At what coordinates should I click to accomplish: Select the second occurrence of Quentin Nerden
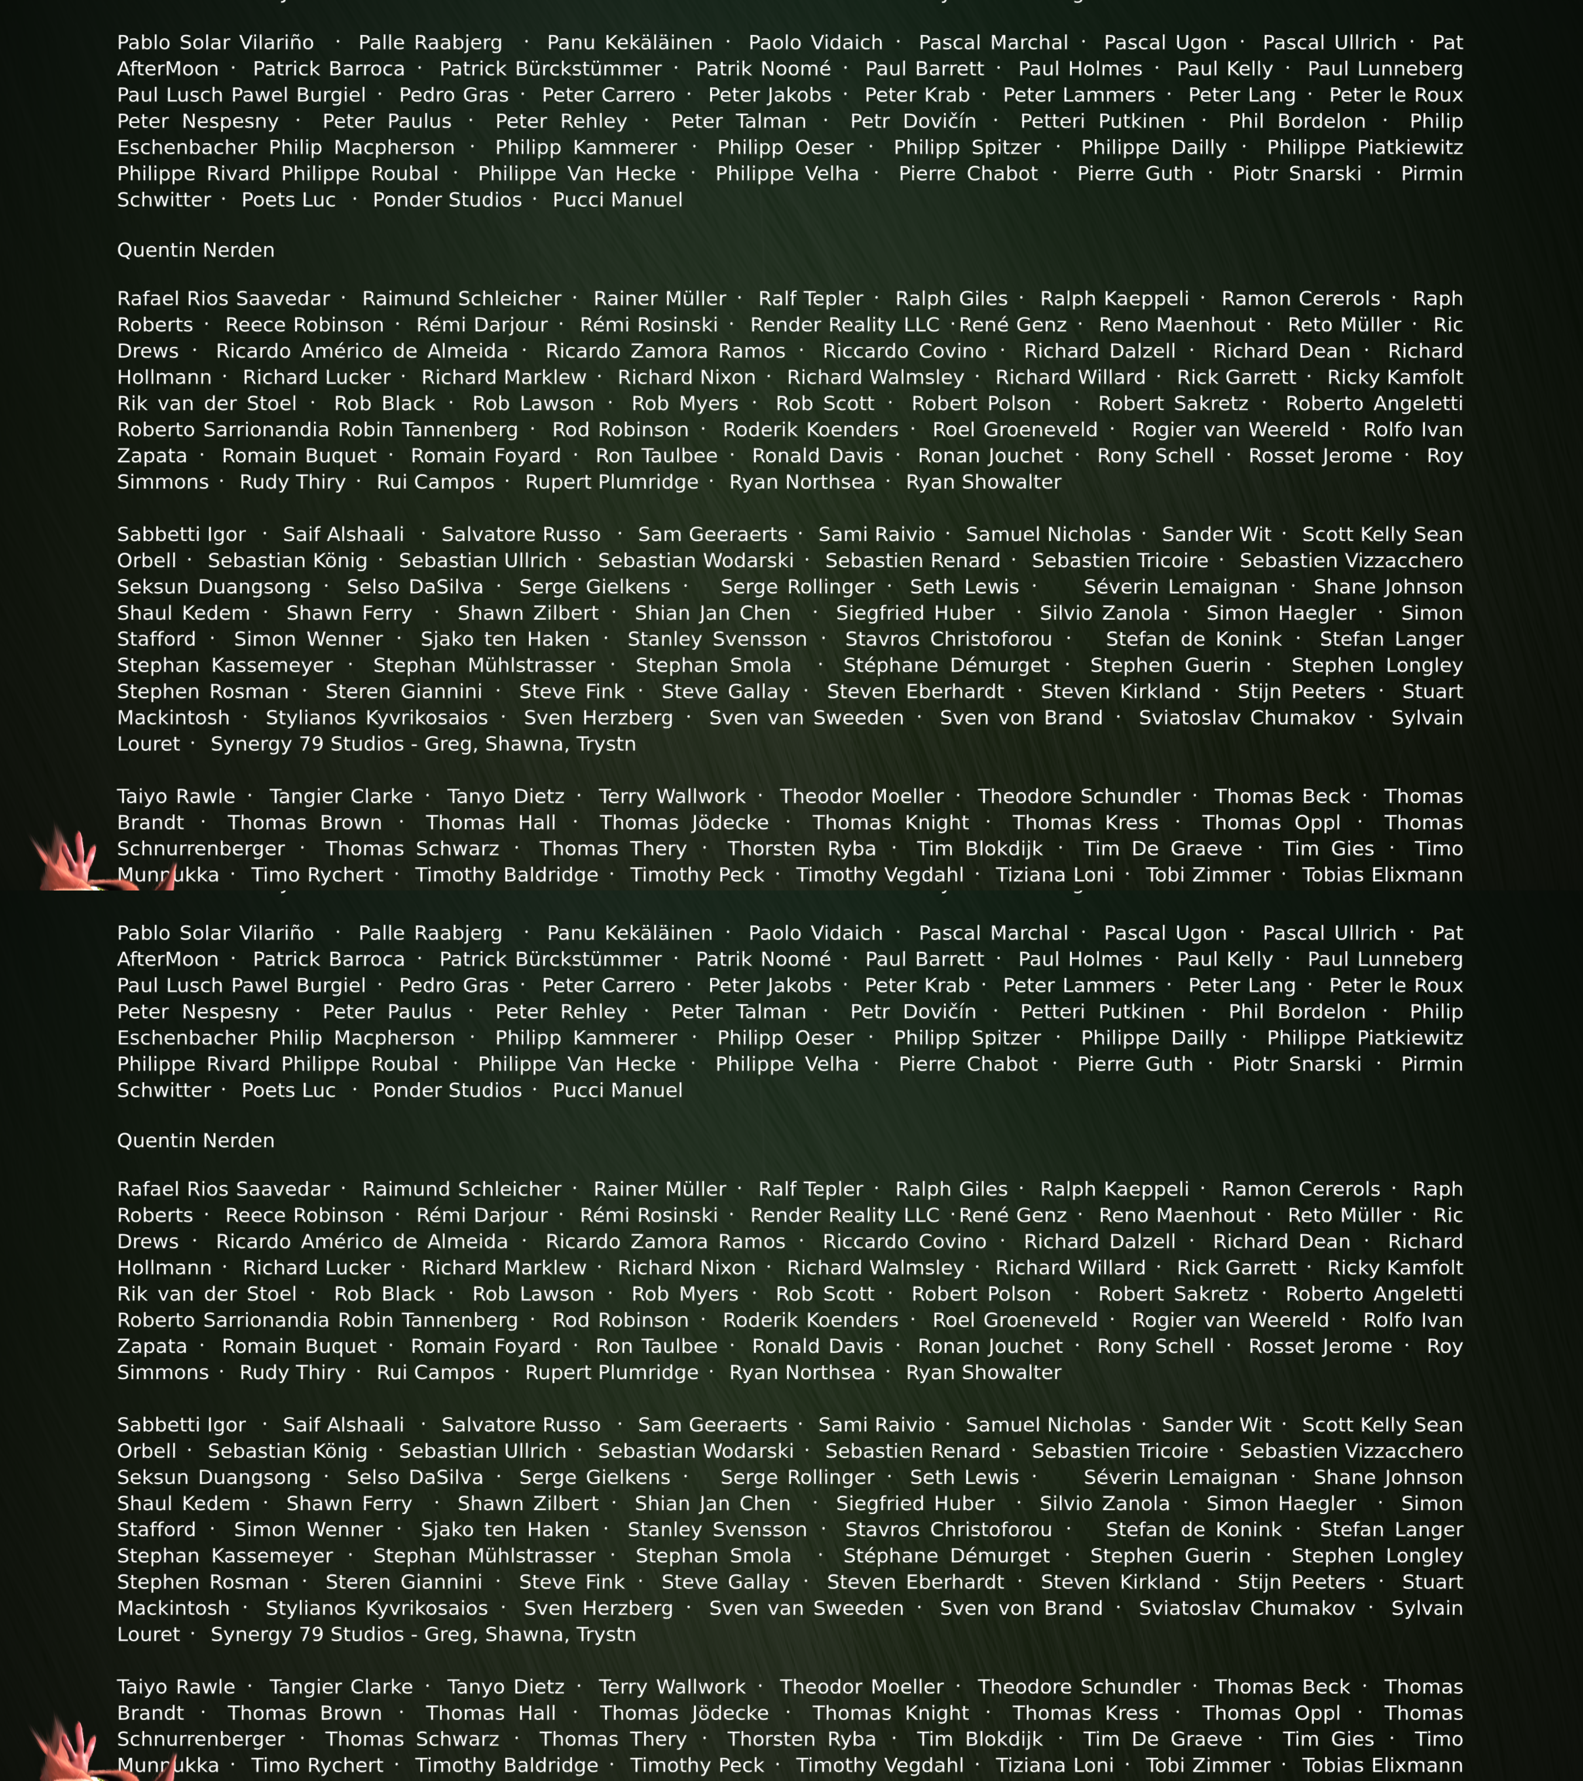(195, 1141)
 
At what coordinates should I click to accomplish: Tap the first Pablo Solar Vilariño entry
(215, 43)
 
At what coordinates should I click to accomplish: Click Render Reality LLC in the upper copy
(844, 325)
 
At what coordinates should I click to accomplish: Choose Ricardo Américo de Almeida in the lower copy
(362, 1242)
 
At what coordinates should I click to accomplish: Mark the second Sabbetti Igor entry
(181, 1425)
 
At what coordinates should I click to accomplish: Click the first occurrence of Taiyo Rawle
(176, 796)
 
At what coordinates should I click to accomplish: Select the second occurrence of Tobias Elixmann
(1382, 1765)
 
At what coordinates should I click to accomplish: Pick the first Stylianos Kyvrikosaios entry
(376, 718)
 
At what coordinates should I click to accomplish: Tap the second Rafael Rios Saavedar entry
(223, 1189)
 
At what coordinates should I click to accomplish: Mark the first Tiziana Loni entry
(1054, 875)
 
